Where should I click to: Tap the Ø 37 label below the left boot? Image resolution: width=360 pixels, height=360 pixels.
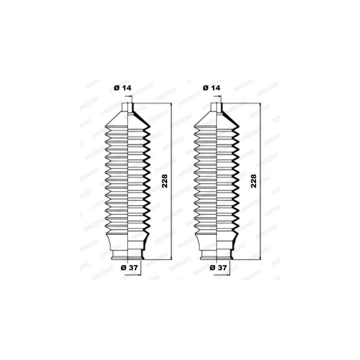(x=129, y=267)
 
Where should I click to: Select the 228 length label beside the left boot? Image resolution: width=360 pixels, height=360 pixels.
(x=165, y=180)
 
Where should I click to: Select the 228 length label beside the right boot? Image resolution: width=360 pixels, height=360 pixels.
(x=253, y=180)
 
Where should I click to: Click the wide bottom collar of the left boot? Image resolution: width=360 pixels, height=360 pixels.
(x=127, y=244)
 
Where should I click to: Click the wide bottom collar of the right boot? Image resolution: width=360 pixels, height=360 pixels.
(x=216, y=244)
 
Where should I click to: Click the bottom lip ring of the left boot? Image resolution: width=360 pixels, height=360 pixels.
(x=127, y=256)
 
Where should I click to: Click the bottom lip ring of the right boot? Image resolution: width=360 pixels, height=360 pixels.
(x=216, y=256)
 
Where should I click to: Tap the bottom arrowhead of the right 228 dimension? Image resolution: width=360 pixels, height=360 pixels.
(x=260, y=258)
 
